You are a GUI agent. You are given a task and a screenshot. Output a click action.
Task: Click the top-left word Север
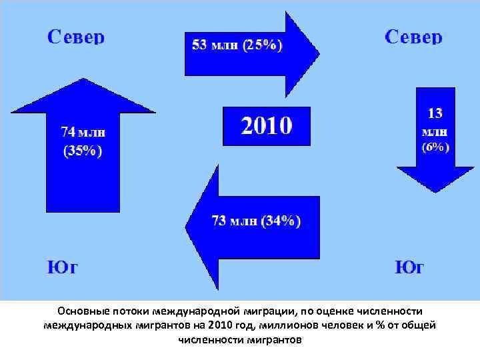pyautogui.click(x=75, y=36)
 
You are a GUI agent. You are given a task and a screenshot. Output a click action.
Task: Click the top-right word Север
pyautogui.click(x=413, y=36)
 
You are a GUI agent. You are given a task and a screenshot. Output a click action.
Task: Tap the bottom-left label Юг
pyautogui.click(x=62, y=268)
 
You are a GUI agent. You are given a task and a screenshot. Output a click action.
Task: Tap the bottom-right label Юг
pyautogui.click(x=409, y=268)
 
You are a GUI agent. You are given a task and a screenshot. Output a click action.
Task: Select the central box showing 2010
pyautogui.click(x=266, y=126)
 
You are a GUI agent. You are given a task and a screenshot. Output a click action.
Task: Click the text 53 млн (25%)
pyautogui.click(x=237, y=46)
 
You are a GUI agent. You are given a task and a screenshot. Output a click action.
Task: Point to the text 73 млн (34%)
pyautogui.click(x=255, y=221)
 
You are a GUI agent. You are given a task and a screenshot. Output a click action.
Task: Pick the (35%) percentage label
pyautogui.click(x=83, y=151)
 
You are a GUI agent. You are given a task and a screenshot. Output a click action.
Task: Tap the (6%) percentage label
pyautogui.click(x=435, y=147)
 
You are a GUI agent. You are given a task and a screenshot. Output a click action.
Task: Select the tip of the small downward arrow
pyautogui.click(x=435, y=192)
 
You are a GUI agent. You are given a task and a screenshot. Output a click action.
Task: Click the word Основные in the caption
pyautogui.click(x=79, y=311)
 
